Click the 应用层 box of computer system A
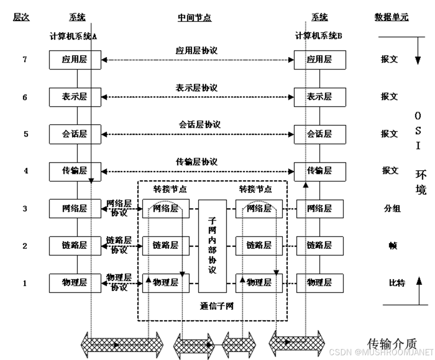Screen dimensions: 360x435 point(75,59)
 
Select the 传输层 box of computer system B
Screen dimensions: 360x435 point(320,171)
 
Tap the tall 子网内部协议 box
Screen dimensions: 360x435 point(212,246)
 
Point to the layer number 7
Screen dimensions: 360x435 point(25,59)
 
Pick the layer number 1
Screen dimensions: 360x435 point(25,283)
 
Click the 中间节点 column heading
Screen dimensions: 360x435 point(194,18)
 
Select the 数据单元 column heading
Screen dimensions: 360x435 point(391,17)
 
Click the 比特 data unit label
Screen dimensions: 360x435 point(397,283)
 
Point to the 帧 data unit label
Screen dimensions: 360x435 point(393,246)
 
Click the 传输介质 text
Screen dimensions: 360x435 point(392,343)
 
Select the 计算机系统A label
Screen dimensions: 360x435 point(73,36)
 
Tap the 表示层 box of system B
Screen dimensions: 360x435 point(320,97)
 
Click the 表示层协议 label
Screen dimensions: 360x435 point(197,87)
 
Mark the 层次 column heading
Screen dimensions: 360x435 point(21,17)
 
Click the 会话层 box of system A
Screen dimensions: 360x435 point(75,134)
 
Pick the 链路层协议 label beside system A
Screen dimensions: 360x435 point(119,245)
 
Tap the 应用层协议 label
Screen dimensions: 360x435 point(197,51)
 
